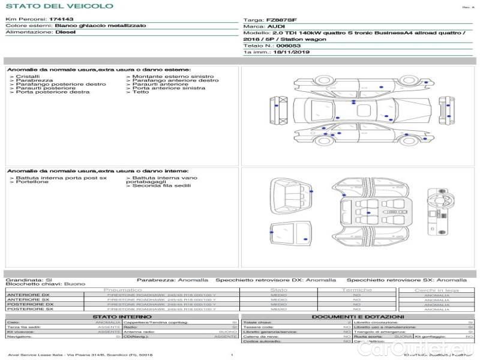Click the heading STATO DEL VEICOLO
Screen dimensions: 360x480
(59, 6)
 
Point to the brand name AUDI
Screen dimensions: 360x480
(276, 27)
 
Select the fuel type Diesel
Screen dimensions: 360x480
(65, 32)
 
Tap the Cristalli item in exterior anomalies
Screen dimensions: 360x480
(27, 77)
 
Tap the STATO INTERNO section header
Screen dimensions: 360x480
(118, 317)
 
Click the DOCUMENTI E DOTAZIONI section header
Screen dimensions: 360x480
(358, 317)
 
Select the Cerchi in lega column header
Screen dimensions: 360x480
(436, 290)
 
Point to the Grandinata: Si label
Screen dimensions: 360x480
(29, 280)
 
